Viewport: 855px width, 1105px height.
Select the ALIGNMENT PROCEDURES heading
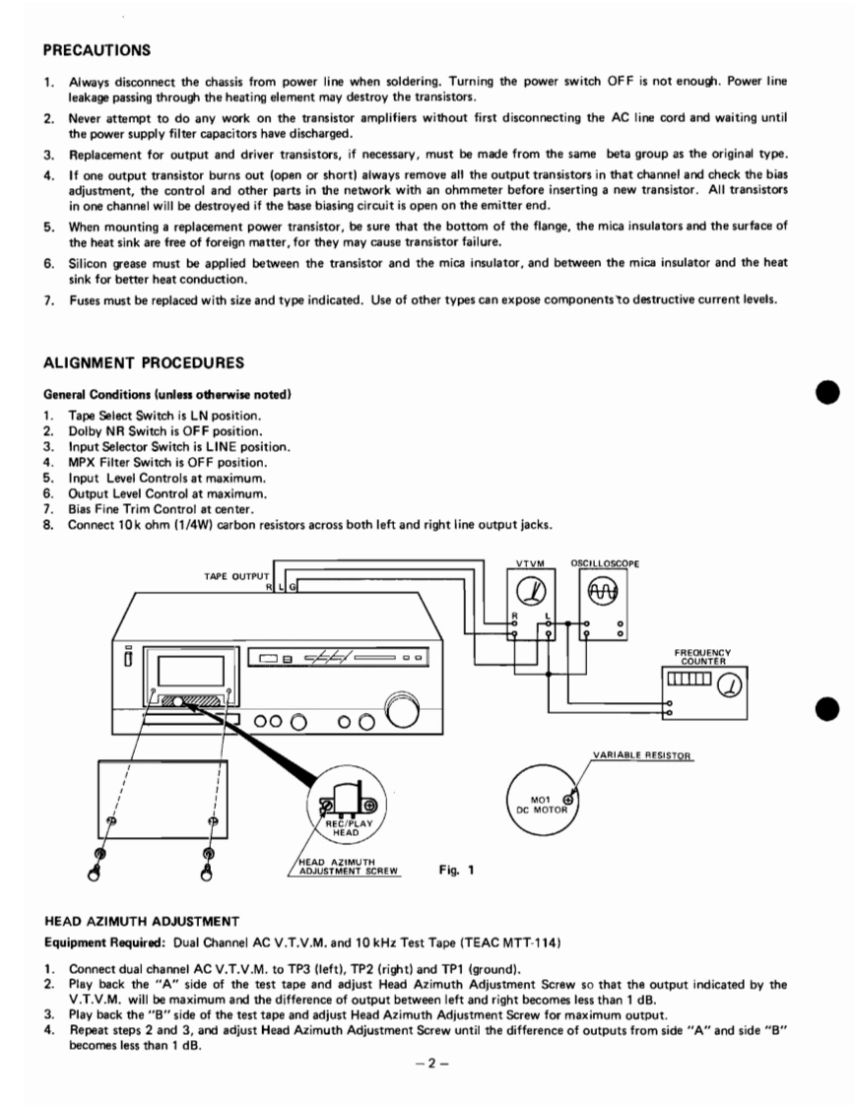137,363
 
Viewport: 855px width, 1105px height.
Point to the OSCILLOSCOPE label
605,563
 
